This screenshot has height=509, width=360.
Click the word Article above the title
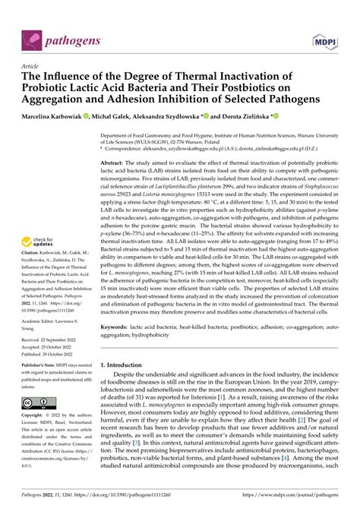pyautogui.click(x=33, y=66)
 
